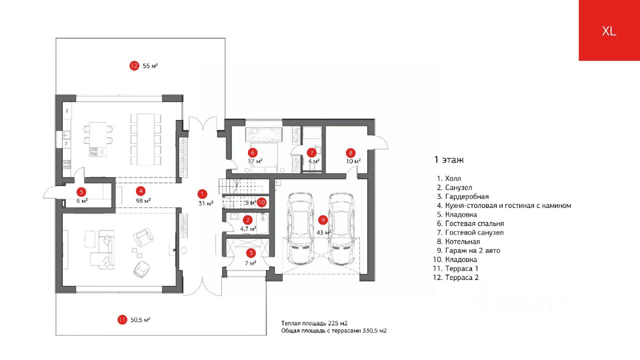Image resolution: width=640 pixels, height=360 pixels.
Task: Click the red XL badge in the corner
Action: coord(609,30)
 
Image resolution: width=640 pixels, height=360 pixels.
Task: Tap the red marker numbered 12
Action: coord(134,65)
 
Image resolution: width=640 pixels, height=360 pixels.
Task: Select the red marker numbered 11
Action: coord(122,320)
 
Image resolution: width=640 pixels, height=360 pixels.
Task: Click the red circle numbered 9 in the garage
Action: coord(323,220)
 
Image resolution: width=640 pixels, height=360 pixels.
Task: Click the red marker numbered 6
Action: coord(252,152)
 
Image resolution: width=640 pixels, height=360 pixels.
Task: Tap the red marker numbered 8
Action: coord(350,152)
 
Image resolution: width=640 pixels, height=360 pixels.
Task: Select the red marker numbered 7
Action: coord(312,152)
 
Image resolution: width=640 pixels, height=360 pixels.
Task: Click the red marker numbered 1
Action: coord(202,194)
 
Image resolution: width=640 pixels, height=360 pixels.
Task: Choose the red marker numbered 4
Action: coord(141,191)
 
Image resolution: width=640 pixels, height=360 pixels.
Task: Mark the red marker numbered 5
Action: coord(81,191)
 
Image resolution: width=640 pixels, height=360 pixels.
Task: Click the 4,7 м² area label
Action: coord(248,228)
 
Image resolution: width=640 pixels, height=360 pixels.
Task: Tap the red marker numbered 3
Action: coord(251,253)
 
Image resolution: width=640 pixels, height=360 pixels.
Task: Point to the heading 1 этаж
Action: coord(448,160)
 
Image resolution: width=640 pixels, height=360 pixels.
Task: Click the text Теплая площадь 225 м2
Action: coord(314,323)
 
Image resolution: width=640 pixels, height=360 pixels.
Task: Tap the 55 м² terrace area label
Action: coord(150,65)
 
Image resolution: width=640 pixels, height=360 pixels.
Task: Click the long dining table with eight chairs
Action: coord(145,139)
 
